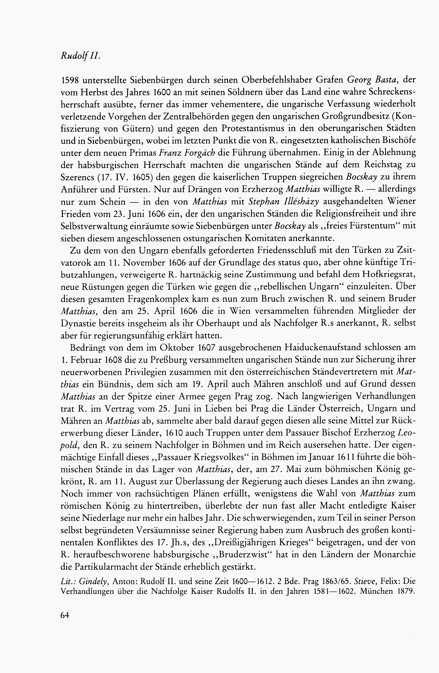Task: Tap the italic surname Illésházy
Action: pos(298,202)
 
